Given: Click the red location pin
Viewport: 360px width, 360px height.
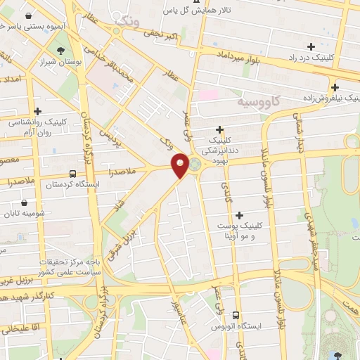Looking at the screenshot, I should pos(180,165).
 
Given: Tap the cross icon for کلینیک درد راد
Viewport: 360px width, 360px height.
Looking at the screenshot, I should pos(311,46).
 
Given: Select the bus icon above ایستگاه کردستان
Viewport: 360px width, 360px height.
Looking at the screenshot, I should pos(73,172).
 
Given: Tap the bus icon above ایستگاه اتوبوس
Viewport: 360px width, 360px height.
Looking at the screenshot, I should pos(236,316).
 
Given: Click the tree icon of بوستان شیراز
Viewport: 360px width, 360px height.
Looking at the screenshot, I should pos(62,50).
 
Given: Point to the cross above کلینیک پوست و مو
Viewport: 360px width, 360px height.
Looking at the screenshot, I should pos(240,215).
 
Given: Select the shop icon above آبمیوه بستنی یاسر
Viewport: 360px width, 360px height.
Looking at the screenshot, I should pos(27,14).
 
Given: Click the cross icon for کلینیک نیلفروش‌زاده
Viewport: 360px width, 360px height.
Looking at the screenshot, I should pos(335,87).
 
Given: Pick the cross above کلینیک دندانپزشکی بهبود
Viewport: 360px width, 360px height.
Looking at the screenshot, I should pos(220,129).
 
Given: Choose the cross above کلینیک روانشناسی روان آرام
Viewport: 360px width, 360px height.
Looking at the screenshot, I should pos(37,111).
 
